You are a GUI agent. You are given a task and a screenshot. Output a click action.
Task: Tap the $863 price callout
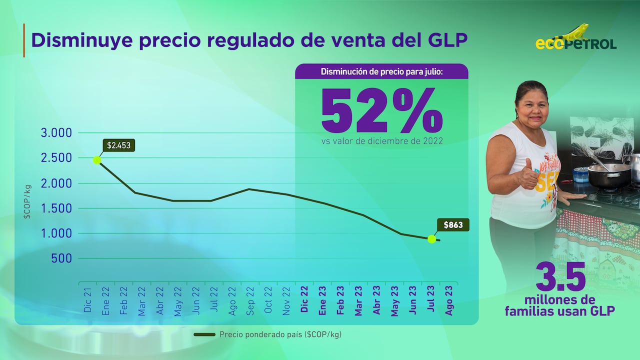point(453,225)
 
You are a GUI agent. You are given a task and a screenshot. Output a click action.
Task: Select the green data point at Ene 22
point(97,160)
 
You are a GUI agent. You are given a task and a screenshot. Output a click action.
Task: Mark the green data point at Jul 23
point(431,239)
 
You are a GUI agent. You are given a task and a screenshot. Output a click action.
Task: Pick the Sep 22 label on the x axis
point(250,300)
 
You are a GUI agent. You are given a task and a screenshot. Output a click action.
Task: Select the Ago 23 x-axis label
point(449,300)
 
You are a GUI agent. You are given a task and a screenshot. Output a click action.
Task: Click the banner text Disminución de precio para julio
point(381,71)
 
